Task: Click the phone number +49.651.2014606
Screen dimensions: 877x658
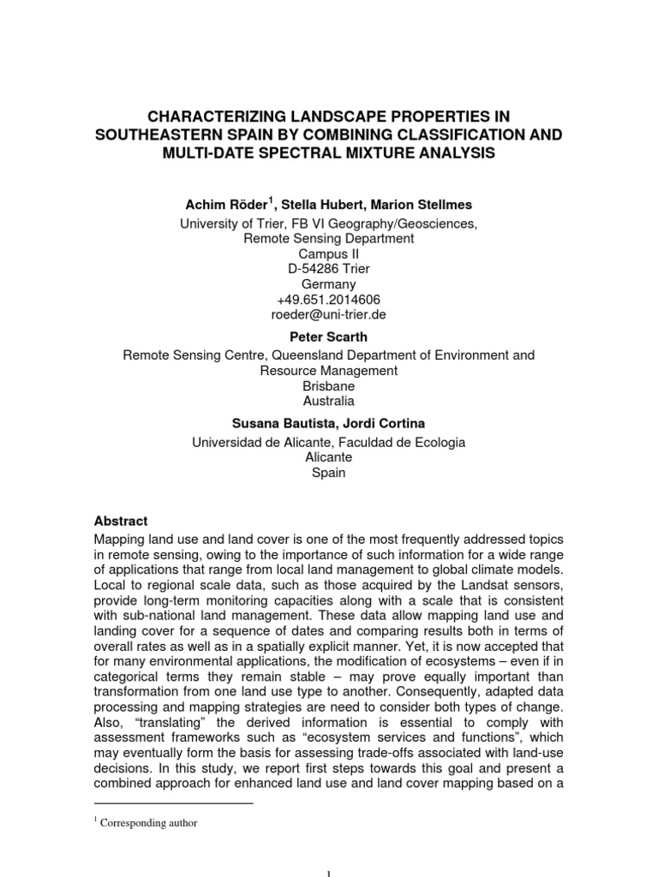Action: point(329,299)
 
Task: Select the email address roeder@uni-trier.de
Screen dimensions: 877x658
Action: point(329,314)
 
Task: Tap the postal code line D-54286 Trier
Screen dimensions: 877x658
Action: point(329,269)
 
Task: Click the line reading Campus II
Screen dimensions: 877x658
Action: point(329,254)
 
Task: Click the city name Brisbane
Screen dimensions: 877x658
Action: point(329,385)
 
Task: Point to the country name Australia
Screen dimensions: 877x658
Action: point(329,401)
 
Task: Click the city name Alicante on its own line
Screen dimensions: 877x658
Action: point(329,457)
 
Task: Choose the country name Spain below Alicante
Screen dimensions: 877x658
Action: point(329,473)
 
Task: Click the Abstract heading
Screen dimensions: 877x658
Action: point(120,521)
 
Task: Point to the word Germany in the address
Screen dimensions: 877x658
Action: point(329,284)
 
